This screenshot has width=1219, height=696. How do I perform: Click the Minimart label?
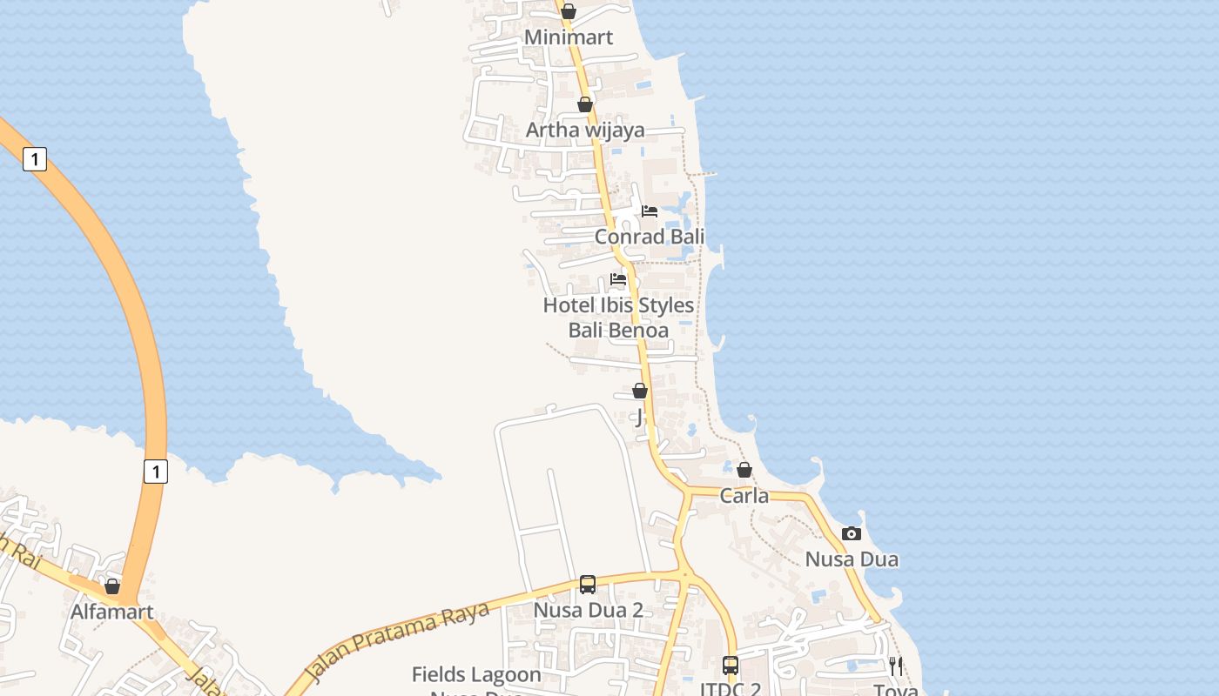[x=569, y=37]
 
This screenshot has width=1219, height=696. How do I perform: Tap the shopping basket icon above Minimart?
[x=569, y=11]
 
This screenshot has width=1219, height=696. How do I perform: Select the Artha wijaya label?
[x=585, y=130]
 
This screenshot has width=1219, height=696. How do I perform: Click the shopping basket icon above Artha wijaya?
[x=585, y=104]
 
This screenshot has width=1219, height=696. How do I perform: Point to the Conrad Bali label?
[x=650, y=237]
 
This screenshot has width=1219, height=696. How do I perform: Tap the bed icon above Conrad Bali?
[x=650, y=211]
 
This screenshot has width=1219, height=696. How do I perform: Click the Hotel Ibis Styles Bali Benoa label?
[x=618, y=318]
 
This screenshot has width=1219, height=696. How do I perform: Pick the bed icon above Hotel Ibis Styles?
[x=618, y=279]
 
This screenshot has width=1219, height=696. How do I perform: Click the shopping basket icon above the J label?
[x=640, y=391]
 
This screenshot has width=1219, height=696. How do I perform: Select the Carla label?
[x=744, y=496]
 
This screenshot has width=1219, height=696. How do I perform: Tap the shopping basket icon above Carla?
[x=744, y=470]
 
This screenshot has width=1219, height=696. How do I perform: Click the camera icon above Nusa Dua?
[x=852, y=533]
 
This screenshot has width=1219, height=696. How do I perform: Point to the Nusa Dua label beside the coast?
[x=852, y=559]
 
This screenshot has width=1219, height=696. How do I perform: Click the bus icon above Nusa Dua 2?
[x=588, y=584]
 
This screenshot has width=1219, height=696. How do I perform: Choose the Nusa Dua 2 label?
[x=588, y=610]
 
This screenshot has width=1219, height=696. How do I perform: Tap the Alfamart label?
[x=111, y=612]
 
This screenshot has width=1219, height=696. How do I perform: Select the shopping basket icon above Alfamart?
[x=112, y=586]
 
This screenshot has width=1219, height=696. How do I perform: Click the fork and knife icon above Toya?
[x=896, y=666]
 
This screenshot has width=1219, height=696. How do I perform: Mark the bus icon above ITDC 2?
[x=731, y=666]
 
